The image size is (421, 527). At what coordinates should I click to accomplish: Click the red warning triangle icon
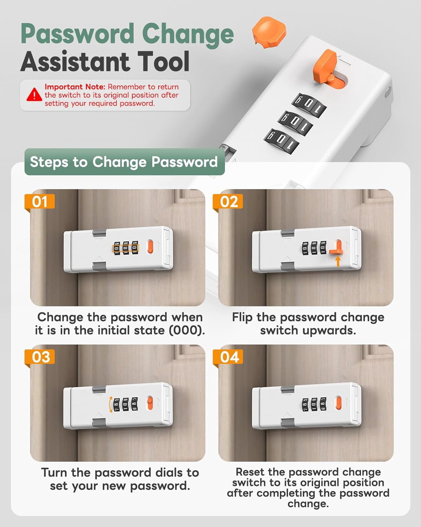click(x=34, y=95)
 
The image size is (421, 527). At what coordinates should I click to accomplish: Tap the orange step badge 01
click(x=39, y=202)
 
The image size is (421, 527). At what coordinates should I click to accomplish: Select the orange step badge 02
click(x=228, y=202)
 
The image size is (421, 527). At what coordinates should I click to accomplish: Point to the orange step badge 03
click(x=39, y=357)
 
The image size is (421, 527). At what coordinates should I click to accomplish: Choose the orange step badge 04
click(x=228, y=357)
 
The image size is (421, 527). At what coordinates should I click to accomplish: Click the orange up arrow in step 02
click(x=338, y=261)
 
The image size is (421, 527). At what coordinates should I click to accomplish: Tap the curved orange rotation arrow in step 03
click(x=110, y=404)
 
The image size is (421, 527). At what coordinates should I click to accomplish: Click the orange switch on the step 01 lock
click(x=150, y=247)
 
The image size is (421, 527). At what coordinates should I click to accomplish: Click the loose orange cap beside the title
click(x=269, y=32)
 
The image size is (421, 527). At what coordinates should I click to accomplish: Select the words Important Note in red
click(x=75, y=87)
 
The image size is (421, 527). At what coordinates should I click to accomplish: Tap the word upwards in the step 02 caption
click(x=329, y=331)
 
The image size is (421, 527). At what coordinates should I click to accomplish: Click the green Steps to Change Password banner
click(x=125, y=162)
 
